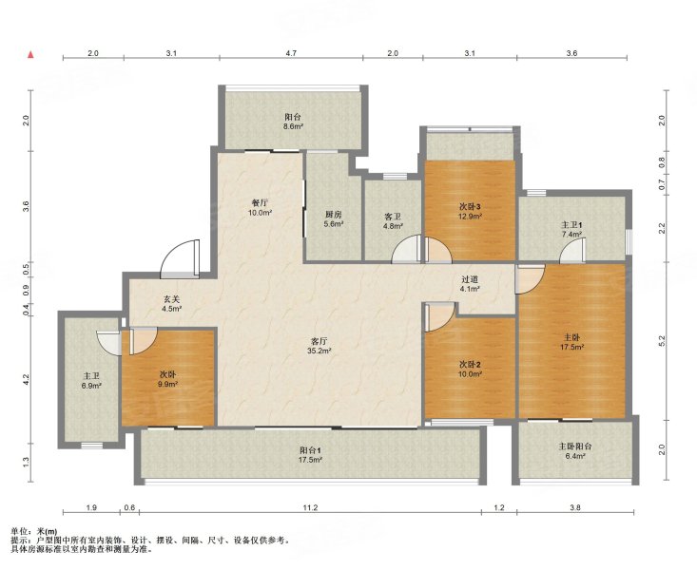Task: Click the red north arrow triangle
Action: (30, 55)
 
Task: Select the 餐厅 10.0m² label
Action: (260, 208)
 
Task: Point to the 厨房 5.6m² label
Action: (334, 219)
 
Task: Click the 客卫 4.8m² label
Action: (393, 221)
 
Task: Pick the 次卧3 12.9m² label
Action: (471, 212)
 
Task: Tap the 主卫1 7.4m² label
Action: (571, 229)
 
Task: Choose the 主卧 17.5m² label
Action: (572, 343)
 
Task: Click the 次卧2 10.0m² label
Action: (471, 370)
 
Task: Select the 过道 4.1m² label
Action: (470, 284)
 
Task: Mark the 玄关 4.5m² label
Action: (171, 304)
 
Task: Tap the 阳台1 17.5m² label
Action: (310, 454)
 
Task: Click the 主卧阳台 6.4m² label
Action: (574, 451)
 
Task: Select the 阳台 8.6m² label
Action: (293, 122)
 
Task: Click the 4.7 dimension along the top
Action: (291, 53)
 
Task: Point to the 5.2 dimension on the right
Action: (662, 341)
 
